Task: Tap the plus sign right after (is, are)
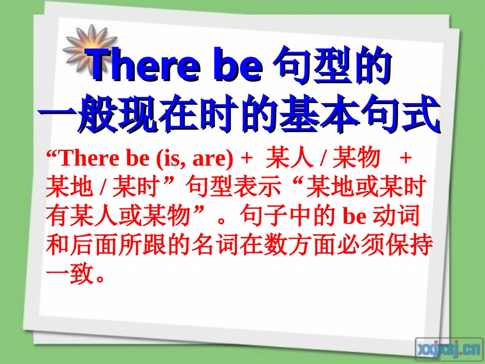pyautogui.click(x=247, y=159)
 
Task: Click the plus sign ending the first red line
pyautogui.click(x=406, y=159)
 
